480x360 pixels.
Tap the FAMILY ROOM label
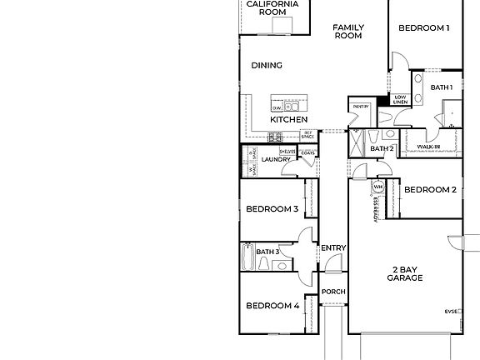coord(348,32)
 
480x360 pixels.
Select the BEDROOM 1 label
coord(423,28)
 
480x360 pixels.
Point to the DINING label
coord(267,65)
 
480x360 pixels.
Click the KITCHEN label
coord(288,120)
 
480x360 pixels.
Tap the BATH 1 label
coord(442,87)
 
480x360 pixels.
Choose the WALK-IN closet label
coord(428,146)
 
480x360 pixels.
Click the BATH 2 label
coord(382,149)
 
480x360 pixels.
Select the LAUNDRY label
coord(276,160)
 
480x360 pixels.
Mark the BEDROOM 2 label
coord(430,190)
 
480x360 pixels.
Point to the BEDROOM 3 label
coord(272,209)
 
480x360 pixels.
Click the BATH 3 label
coord(267,252)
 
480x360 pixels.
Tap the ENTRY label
coord(333,247)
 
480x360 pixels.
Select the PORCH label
coord(333,292)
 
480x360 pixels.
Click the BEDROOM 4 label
coord(272,306)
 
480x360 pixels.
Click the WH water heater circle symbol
coord(377,187)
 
